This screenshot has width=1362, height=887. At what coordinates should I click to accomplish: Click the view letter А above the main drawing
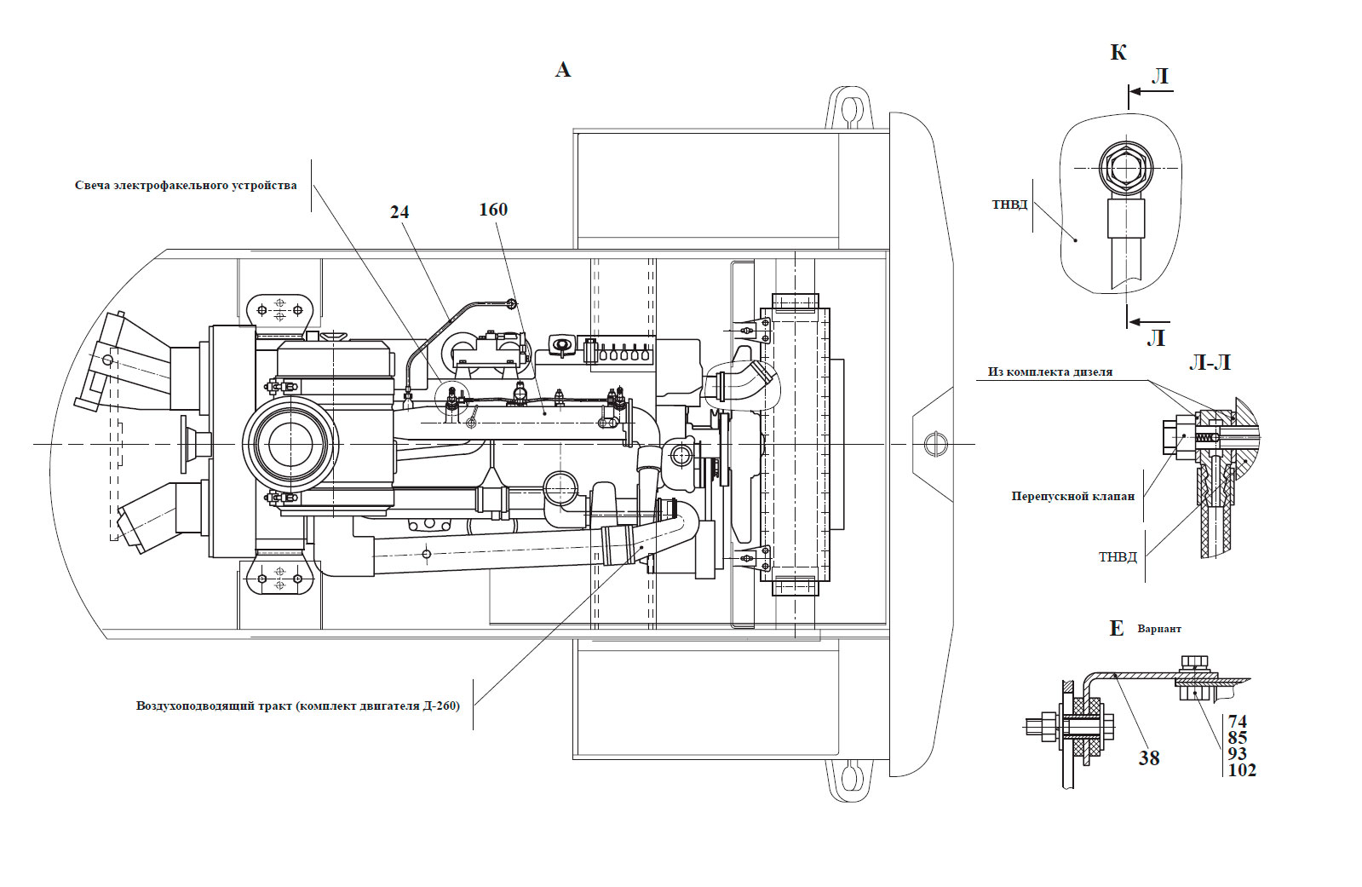tap(562, 70)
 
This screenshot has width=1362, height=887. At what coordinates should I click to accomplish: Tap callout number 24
tap(399, 212)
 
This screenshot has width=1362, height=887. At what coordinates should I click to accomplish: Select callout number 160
tap(493, 210)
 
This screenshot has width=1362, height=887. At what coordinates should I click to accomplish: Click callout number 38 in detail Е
tap(1148, 758)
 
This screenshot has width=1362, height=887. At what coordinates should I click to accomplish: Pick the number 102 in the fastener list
tap(1242, 770)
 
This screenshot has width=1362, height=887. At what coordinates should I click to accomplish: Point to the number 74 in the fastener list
tap(1238, 722)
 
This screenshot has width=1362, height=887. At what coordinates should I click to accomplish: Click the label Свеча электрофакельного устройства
tap(186, 186)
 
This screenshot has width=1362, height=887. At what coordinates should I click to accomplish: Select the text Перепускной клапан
tap(1073, 497)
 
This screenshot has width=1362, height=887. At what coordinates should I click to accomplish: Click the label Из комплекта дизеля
tap(1050, 372)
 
